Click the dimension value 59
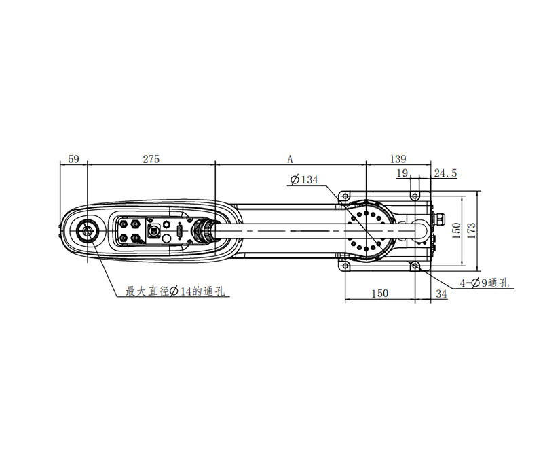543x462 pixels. coord(74,159)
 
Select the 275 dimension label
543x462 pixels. coord(151,159)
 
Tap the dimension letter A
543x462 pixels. coord(290,159)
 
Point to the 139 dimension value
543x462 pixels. coord(398,159)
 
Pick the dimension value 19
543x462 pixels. coord(402,174)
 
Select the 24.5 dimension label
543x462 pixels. coord(445,174)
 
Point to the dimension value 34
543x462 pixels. coord(441,294)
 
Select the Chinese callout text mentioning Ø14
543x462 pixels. coord(176,291)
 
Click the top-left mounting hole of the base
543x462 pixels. coord(345,196)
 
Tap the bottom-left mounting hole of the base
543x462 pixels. coord(345,264)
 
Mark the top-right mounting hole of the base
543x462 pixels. coord(413,196)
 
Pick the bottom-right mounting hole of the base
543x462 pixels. coord(413,264)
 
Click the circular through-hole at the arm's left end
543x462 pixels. coord(88,231)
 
